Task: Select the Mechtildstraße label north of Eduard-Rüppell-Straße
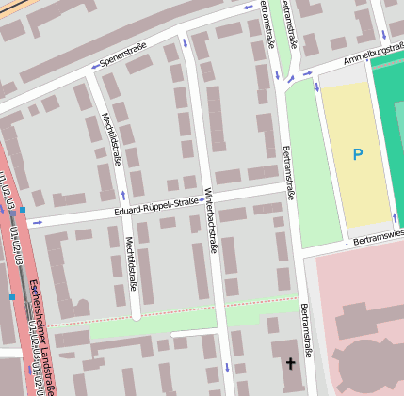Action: [x=110, y=138]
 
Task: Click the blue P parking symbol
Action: [x=357, y=154]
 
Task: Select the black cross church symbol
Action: [x=290, y=363]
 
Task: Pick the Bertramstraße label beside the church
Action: [x=306, y=330]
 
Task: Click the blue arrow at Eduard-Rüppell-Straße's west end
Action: [x=38, y=223]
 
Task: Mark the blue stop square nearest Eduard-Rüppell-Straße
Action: [x=22, y=210]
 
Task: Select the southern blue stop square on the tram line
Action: [x=12, y=296]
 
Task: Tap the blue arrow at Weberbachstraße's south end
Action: [x=226, y=365]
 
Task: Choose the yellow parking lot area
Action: [x=356, y=155]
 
